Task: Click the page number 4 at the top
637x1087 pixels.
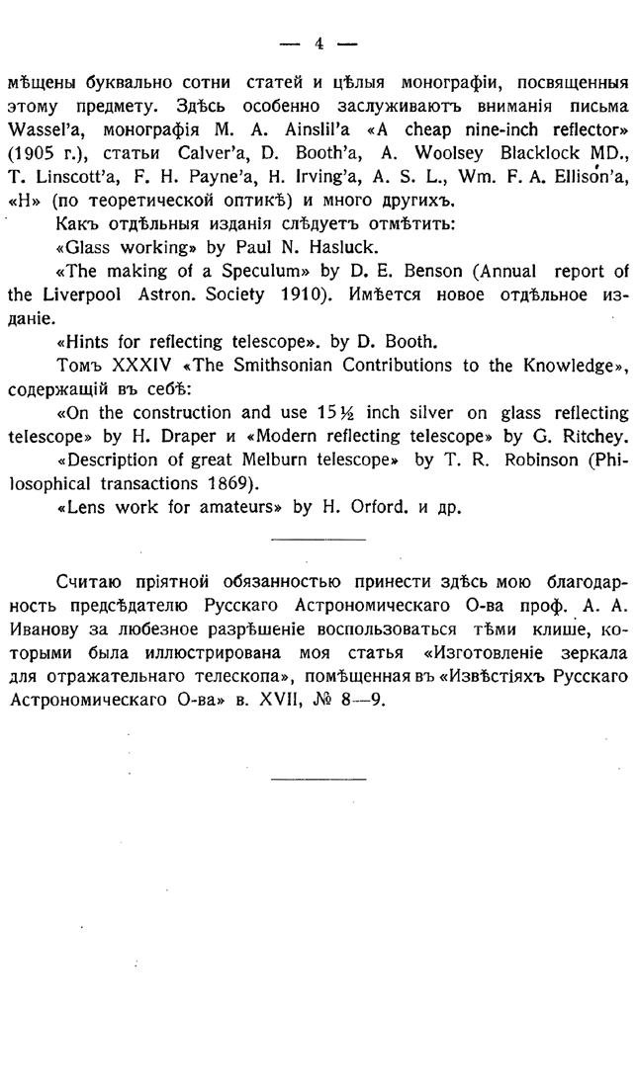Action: (x=318, y=42)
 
